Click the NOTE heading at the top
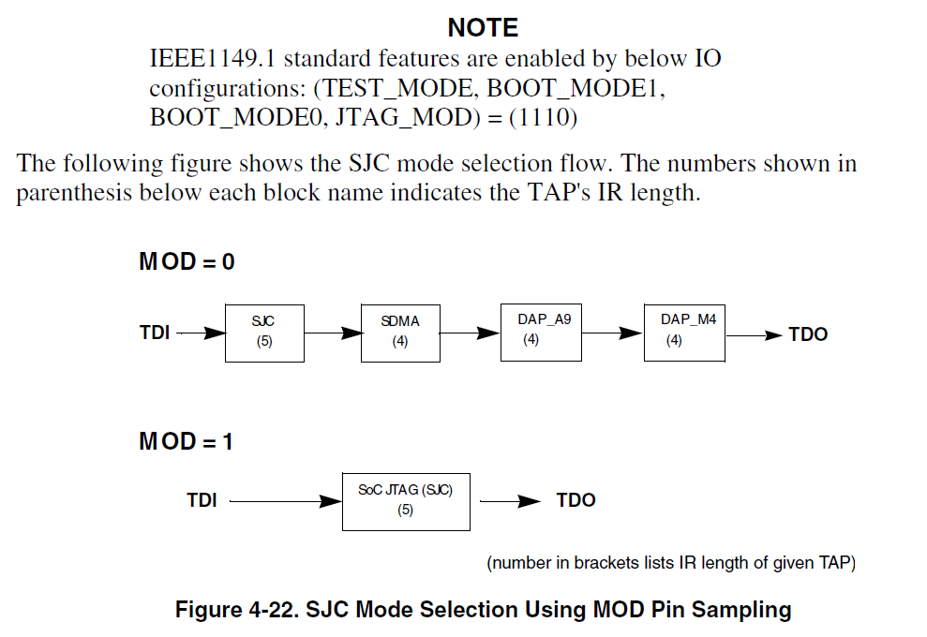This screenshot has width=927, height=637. [483, 27]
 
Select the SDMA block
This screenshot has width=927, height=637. [400, 333]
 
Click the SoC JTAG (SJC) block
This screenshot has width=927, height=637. [405, 500]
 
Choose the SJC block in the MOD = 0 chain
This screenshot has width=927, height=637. [263, 333]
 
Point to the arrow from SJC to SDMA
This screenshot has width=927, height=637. [333, 333]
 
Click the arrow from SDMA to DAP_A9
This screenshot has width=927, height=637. [470, 333]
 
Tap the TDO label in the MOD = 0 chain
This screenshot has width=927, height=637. [808, 334]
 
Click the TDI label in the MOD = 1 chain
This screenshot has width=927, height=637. [202, 501]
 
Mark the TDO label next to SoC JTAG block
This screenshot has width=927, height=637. [576, 501]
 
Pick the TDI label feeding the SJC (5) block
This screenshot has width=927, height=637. [155, 333]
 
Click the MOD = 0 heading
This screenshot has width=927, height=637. [187, 262]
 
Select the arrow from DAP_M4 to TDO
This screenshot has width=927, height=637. [755, 334]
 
